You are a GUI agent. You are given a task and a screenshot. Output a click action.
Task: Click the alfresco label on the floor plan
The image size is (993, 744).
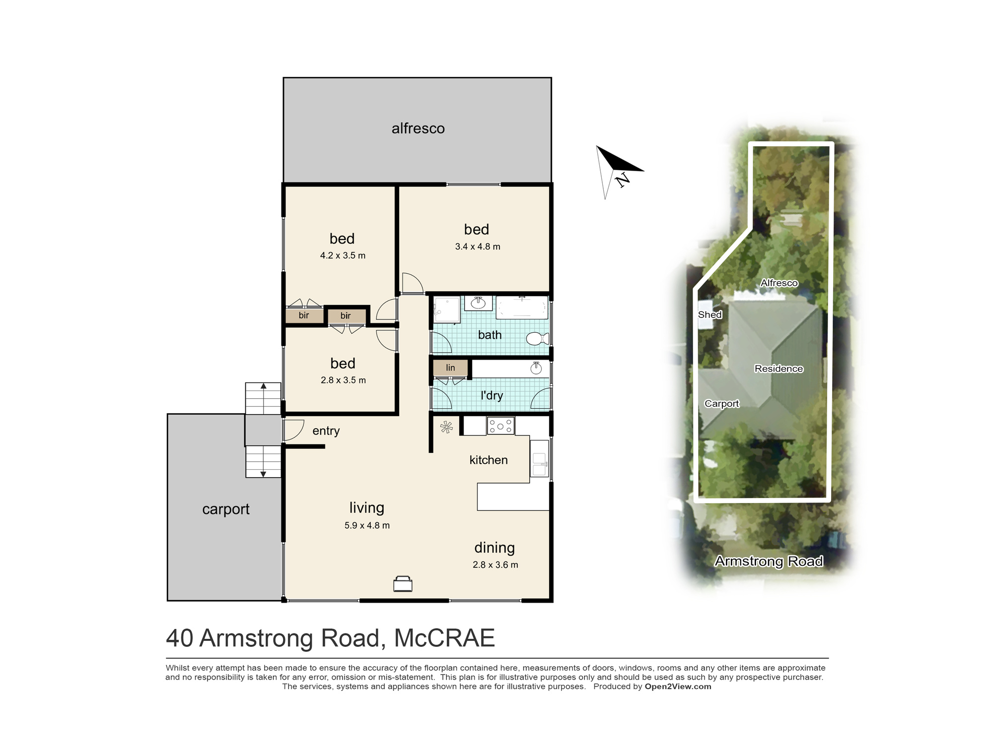pos(418,128)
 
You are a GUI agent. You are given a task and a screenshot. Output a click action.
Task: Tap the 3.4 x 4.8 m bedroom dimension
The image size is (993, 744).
pos(478,247)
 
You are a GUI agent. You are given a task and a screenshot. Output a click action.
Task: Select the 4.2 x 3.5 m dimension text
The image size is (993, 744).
pos(343,255)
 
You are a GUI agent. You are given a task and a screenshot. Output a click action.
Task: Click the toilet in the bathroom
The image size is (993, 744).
pos(537,339)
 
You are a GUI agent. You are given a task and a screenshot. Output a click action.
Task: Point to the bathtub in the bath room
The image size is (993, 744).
pos(522,308)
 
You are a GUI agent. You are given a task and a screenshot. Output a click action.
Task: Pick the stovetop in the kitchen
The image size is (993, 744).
pos(500,426)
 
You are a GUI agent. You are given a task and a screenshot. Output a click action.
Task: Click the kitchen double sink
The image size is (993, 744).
pos(539,458)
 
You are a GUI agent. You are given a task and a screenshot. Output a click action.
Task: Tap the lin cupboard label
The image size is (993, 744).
pos(450,368)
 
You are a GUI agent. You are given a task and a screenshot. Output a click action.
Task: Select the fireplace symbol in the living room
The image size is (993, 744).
pos(403,584)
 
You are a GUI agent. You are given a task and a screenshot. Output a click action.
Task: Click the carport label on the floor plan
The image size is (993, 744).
pos(225,509)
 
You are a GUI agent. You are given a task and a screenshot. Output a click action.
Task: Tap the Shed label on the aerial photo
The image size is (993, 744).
pos(710,314)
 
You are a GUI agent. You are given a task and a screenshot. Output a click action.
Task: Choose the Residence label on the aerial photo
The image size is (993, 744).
pos(779,369)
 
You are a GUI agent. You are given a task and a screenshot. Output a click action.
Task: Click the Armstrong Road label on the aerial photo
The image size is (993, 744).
pos(769,561)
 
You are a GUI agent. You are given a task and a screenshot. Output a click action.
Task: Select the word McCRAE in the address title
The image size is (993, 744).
pos(444,638)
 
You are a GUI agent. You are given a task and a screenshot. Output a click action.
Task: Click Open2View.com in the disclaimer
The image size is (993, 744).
pos(678,686)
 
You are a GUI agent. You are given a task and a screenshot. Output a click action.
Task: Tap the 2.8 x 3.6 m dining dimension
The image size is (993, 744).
pos(495,565)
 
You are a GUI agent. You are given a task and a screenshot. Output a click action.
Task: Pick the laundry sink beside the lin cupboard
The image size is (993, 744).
pos(536,368)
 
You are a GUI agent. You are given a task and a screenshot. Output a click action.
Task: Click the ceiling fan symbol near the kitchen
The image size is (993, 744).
pos(446,427)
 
